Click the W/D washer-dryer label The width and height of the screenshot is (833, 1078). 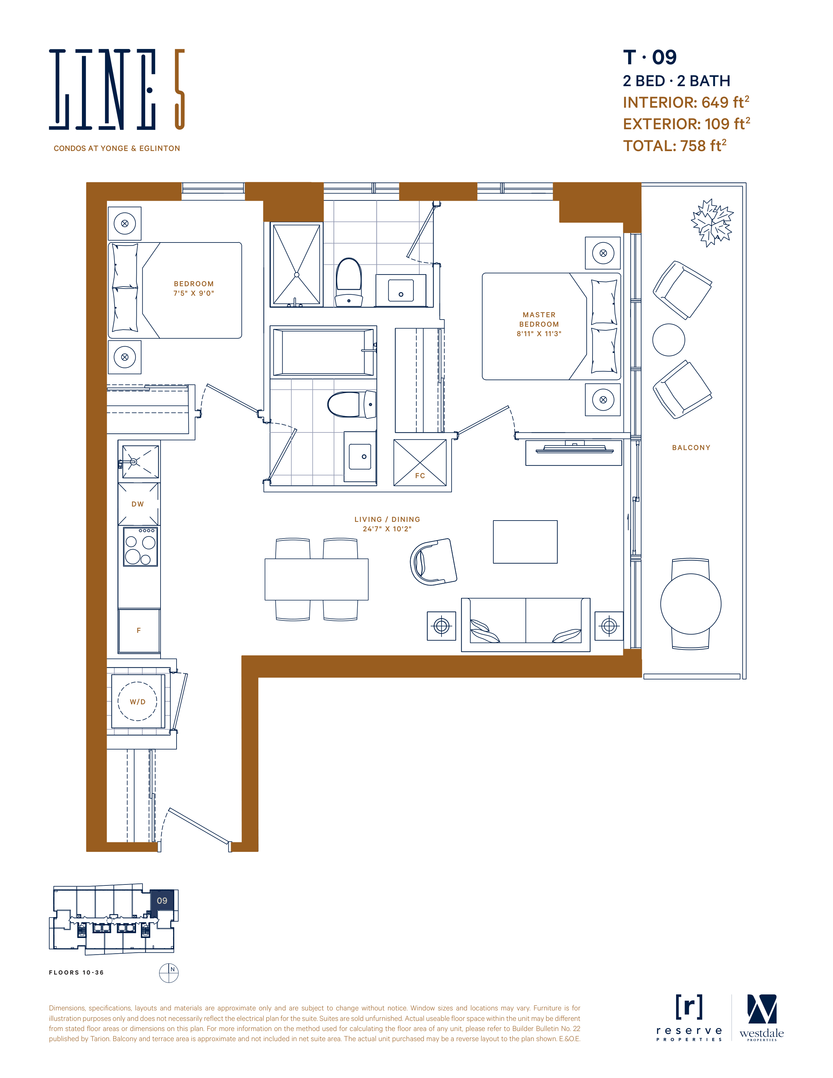(x=138, y=702)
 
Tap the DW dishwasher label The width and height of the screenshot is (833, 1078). (x=138, y=504)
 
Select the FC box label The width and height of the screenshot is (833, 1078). (x=420, y=476)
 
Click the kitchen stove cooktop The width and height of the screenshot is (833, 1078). (x=140, y=546)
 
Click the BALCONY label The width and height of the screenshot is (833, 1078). (x=691, y=448)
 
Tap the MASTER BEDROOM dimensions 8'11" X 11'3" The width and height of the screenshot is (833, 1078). (x=539, y=334)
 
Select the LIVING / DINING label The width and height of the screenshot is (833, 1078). (x=387, y=519)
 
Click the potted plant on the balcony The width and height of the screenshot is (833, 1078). (x=712, y=223)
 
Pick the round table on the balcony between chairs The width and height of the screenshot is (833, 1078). (x=669, y=340)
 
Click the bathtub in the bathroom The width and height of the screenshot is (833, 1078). (x=323, y=352)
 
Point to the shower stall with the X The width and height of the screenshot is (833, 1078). (x=297, y=265)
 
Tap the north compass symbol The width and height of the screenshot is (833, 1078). (x=169, y=973)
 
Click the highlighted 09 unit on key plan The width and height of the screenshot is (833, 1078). (x=162, y=901)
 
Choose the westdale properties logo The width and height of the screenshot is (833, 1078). (x=762, y=1018)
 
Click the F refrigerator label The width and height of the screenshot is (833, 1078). (x=139, y=630)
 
